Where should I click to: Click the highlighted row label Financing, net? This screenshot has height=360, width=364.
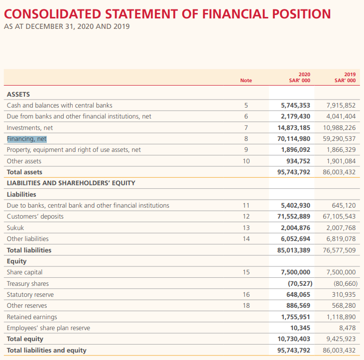27,139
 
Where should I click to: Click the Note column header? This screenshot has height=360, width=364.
246,80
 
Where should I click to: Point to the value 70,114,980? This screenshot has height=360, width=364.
294,139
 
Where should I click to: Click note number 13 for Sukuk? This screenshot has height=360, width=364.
245,228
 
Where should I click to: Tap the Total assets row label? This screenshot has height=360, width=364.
24,172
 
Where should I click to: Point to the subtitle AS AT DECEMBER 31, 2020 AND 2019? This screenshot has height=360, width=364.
67,26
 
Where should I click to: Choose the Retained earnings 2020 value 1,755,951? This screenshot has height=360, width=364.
296,317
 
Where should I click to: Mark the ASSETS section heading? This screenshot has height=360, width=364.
18,94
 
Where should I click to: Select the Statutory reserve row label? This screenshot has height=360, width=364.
30,295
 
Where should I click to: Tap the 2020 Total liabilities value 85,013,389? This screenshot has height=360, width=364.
294,250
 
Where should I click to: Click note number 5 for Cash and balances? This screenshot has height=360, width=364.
245,106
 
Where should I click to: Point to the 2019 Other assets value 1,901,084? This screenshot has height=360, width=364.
341,161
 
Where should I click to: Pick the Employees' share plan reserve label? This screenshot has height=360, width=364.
48,328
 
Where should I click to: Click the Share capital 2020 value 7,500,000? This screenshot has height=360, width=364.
296,272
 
